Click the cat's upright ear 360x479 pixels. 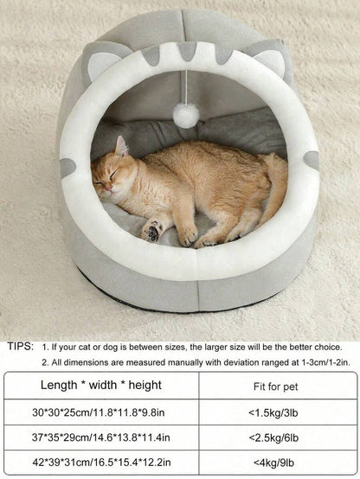click(121, 146)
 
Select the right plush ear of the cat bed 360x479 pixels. click(271, 59)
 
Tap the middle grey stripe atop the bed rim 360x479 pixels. click(187, 51)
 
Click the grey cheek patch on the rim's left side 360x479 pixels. click(67, 168)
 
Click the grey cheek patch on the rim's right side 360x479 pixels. click(312, 160)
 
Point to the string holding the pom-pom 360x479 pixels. click(186, 87)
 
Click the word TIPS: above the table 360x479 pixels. click(20, 347)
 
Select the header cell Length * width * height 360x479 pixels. click(101, 385)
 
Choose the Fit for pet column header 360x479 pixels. click(275, 386)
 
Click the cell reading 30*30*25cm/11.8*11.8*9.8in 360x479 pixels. click(98, 412)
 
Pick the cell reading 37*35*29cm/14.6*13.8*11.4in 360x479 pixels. click(100, 437)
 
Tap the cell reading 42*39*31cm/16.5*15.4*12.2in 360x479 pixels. click(101, 463)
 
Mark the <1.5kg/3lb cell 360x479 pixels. click(273, 413)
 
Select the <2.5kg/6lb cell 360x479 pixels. click(273, 438)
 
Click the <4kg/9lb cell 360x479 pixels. click(273, 463)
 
